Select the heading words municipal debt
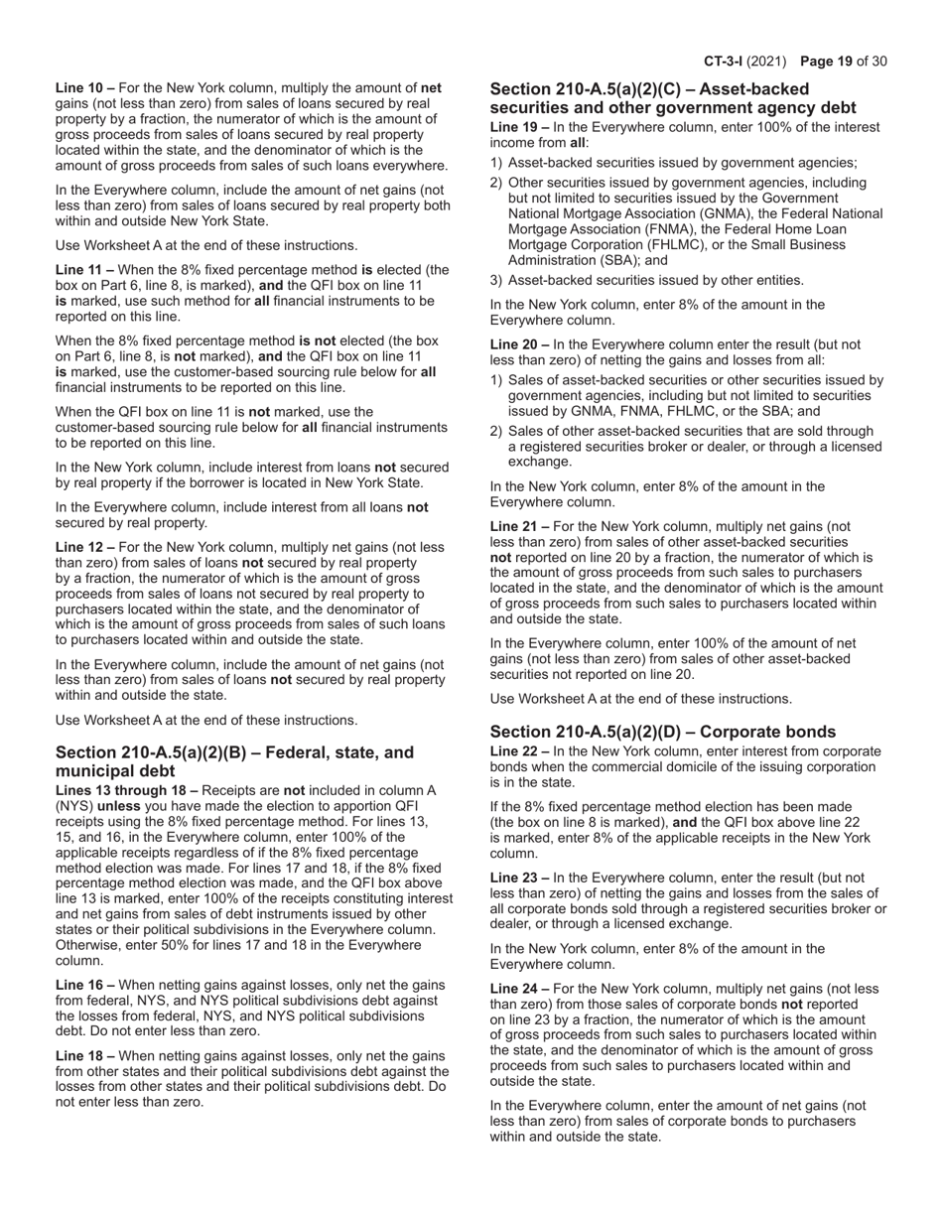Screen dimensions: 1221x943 pyautogui.click(x=115, y=770)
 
